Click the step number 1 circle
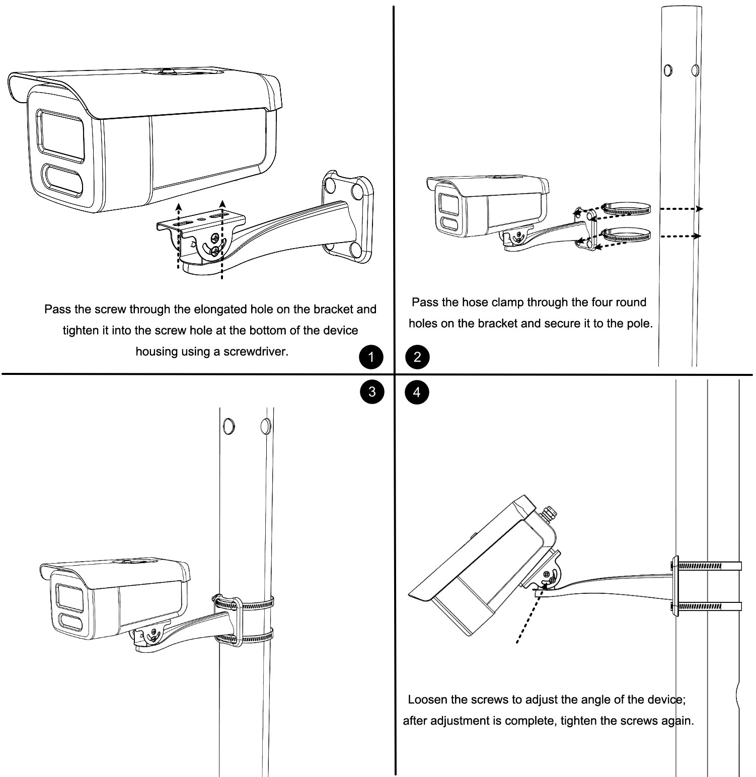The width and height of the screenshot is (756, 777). pos(371,358)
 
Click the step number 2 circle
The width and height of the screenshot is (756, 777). pos(417,358)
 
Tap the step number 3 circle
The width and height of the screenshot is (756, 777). pos(371,392)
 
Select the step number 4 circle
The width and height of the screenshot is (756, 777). pos(417,392)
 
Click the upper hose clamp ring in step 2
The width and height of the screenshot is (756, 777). pos(627,209)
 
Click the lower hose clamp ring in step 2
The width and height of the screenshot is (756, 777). pos(627,235)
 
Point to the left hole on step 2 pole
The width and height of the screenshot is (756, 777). pos(668,70)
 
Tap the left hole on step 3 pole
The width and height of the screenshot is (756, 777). pos(228,426)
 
